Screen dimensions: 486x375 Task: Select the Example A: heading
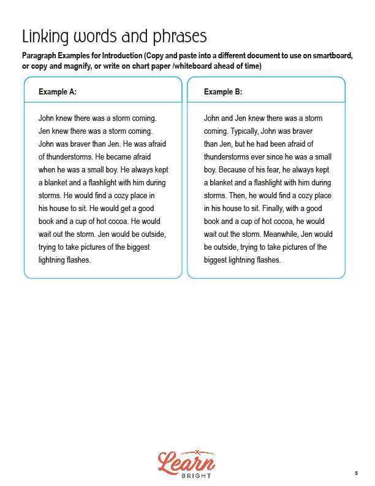pyautogui.click(x=58, y=92)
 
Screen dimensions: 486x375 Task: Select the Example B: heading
pyautogui.click(x=223, y=92)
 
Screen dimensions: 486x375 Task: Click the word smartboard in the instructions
pyautogui.click(x=329, y=55)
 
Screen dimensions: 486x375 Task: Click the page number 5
pyautogui.click(x=356, y=473)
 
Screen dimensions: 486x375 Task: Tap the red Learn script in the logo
pyautogui.click(x=187, y=461)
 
